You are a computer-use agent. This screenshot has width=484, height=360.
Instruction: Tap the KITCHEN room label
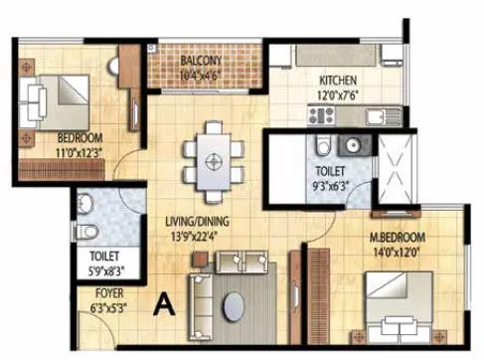(x=338, y=81)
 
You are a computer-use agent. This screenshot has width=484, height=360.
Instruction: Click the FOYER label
(x=109, y=294)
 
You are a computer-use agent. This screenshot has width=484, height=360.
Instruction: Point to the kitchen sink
(x=375, y=116)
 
